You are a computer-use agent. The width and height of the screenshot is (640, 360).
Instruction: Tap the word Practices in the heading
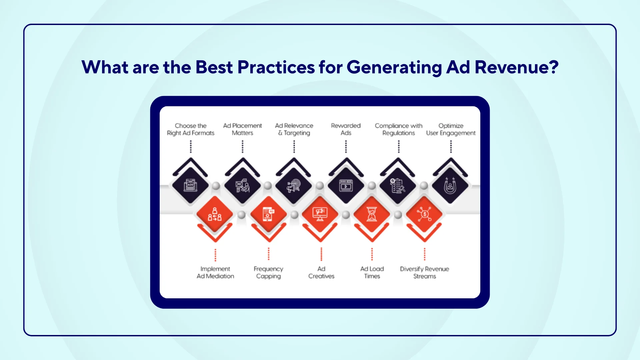276,67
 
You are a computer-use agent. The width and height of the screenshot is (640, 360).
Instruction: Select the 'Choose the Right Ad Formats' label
191,129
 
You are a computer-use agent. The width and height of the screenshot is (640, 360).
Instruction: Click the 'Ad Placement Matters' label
242,129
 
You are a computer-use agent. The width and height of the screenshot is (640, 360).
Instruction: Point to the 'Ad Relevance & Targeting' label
294,129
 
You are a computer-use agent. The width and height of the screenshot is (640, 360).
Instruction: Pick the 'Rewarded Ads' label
346,129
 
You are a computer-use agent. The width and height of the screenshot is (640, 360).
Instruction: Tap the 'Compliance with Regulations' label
398,129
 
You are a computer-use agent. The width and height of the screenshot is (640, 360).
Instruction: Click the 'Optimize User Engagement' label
451,129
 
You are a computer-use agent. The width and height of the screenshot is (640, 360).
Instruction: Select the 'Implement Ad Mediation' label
215,272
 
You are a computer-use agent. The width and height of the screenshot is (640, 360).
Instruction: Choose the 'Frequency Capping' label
268,272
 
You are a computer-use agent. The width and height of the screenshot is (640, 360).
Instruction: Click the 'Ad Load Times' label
372,272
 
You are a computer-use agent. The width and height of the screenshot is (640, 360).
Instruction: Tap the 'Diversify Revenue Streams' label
424,272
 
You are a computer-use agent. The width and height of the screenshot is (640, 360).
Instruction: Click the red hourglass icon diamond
372,214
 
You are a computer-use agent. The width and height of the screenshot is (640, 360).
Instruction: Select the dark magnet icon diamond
450,186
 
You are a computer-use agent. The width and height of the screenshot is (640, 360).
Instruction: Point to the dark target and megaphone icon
294,186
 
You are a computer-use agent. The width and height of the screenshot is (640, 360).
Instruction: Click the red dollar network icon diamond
424,214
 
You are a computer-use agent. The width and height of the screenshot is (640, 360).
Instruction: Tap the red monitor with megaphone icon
320,214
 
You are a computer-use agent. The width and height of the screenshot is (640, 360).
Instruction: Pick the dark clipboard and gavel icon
398,186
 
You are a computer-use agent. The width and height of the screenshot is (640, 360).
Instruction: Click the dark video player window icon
346,186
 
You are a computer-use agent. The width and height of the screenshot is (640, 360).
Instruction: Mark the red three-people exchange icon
215,214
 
